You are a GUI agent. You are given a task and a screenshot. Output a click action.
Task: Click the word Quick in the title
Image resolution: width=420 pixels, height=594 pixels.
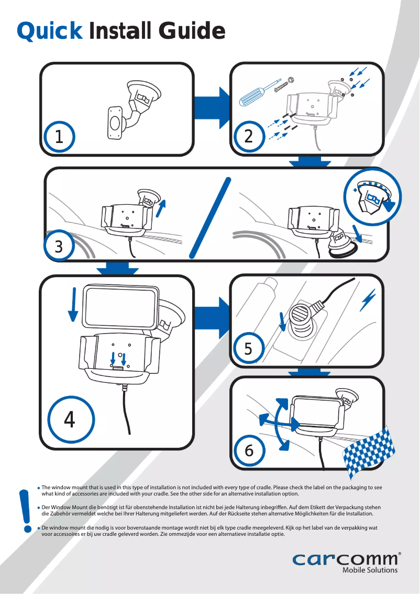(x=49, y=31)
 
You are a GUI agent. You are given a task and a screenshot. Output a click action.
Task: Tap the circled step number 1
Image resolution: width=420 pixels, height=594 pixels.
(x=59, y=137)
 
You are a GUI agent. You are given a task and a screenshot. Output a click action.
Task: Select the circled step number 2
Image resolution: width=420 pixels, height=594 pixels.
(x=248, y=137)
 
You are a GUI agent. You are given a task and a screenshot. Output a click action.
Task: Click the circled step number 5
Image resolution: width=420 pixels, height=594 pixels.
(x=248, y=348)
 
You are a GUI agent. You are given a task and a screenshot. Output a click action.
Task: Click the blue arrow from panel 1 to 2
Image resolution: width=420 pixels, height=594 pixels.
(x=213, y=103)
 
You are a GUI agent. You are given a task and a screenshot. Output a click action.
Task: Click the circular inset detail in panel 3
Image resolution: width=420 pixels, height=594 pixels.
(x=373, y=198)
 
